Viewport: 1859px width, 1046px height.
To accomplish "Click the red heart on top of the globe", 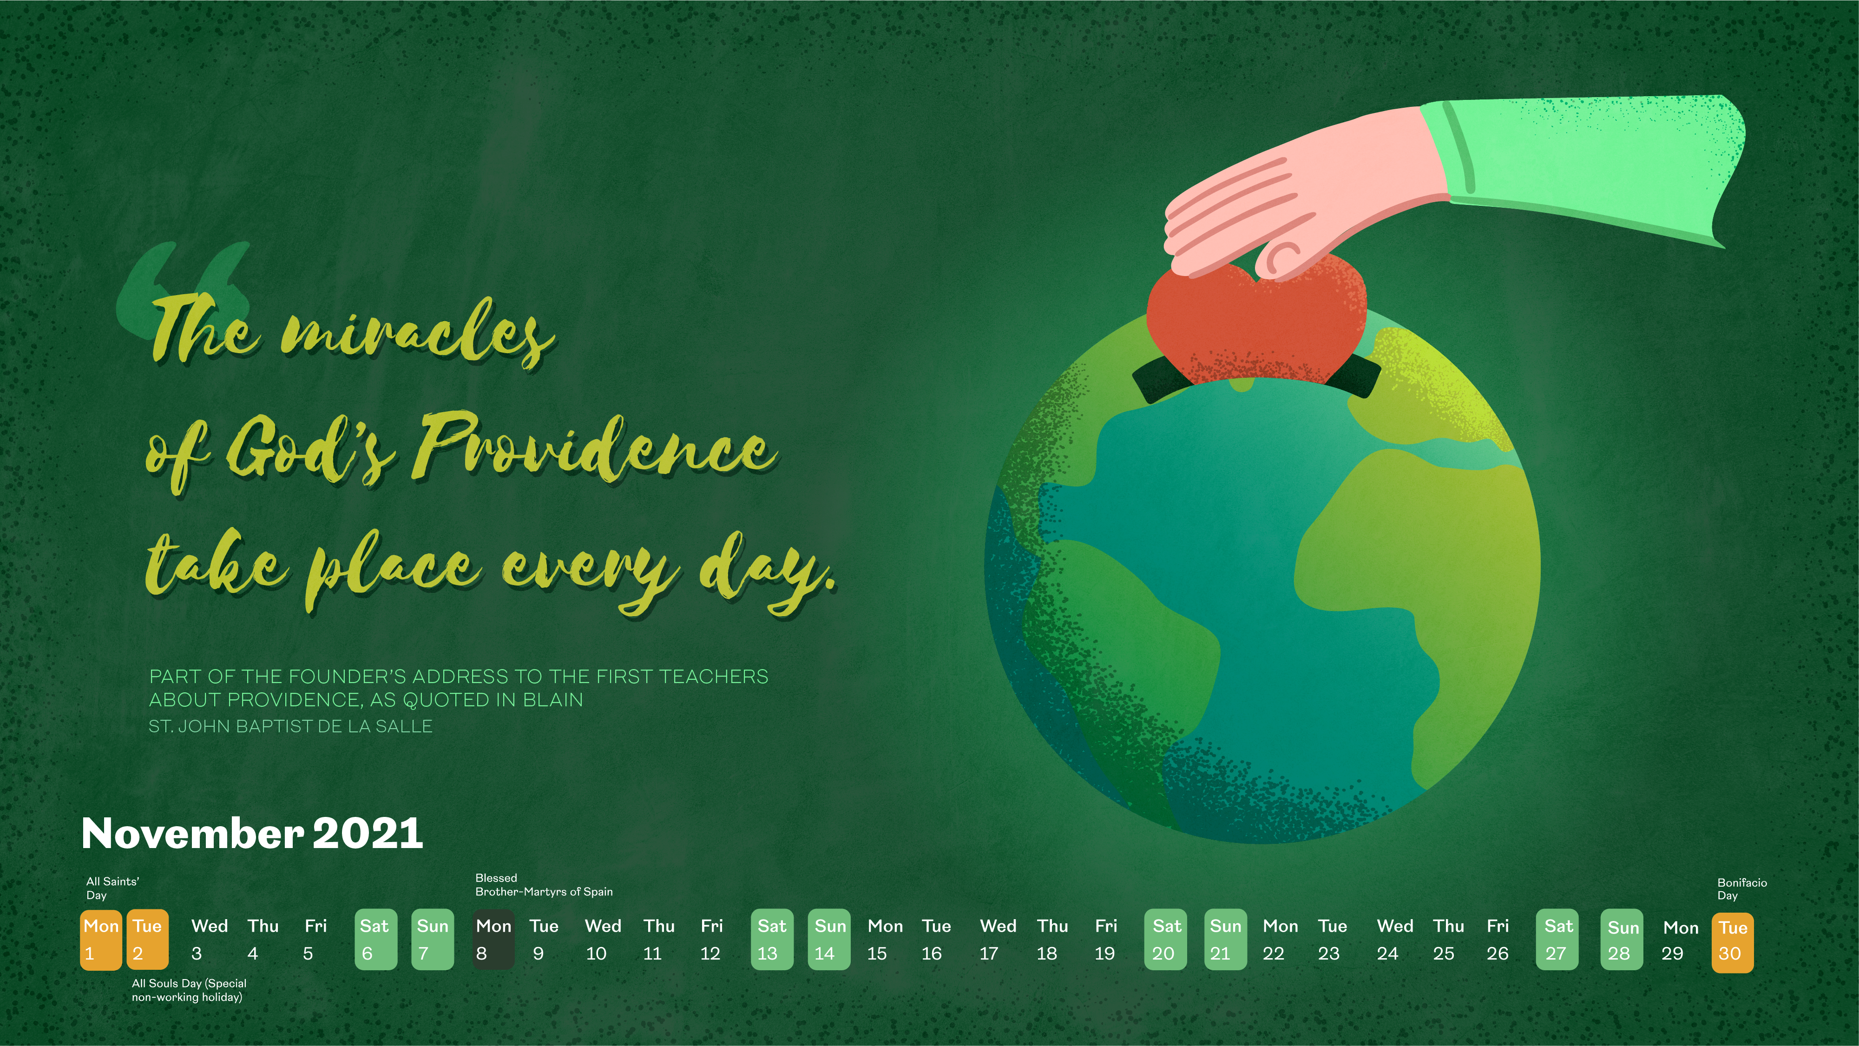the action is point(1256,321).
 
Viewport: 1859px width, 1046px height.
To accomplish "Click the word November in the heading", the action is point(193,833).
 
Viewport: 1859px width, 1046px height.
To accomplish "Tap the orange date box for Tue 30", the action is point(1732,942).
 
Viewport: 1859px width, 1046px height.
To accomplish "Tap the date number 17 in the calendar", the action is point(989,954).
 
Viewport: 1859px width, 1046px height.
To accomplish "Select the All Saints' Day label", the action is point(112,888).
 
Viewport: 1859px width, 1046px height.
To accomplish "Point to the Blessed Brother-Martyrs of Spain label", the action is point(544,885).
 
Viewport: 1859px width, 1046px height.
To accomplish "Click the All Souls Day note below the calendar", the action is point(189,990).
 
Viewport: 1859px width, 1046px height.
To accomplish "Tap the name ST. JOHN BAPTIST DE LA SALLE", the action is point(290,726).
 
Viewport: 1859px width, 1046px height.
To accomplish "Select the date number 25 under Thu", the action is point(1443,954).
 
